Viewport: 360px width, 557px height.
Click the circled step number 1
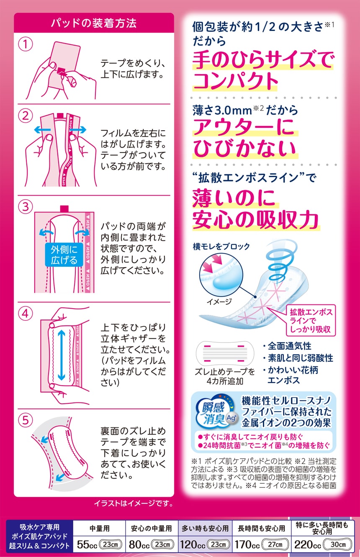[26, 44]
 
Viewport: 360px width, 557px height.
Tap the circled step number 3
[26, 206]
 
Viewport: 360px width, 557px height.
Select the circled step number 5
[26, 420]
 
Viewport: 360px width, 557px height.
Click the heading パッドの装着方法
[94, 23]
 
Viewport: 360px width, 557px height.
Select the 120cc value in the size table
[193, 544]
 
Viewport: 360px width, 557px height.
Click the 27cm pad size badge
[275, 544]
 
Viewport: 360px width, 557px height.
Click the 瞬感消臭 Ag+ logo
[216, 412]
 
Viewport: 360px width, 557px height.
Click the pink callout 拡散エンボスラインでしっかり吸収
[310, 321]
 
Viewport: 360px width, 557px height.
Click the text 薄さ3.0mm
[222, 111]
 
